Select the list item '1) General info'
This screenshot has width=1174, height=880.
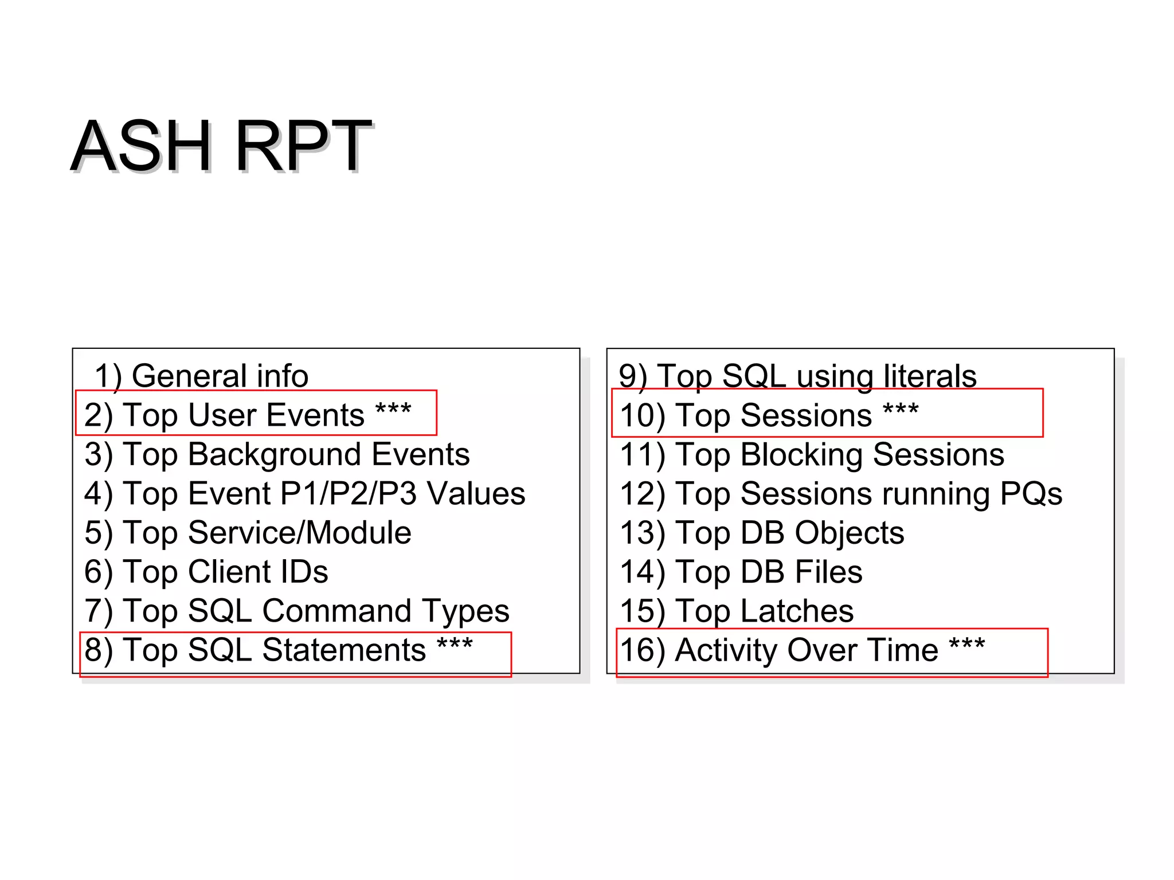(x=201, y=376)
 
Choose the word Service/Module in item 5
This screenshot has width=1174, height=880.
(x=299, y=533)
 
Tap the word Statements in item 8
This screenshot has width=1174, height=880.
(x=344, y=650)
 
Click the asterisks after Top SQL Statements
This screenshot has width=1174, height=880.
(x=455, y=644)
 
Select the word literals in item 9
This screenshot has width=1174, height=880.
(x=930, y=376)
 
